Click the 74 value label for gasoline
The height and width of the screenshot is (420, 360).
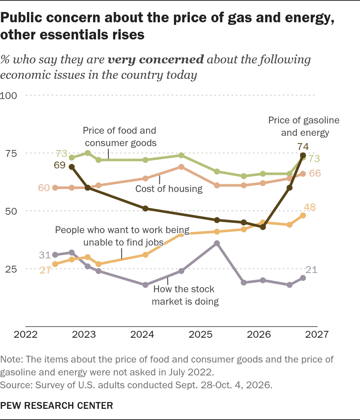click(x=303, y=147)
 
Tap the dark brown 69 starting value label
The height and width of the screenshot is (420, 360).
click(x=60, y=165)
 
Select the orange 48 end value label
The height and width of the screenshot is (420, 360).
click(x=309, y=207)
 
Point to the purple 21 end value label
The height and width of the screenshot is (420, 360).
click(x=312, y=270)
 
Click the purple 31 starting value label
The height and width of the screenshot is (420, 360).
click(x=45, y=255)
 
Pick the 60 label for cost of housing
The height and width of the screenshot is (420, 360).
click(x=44, y=188)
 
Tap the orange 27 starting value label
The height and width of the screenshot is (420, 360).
click(x=45, y=270)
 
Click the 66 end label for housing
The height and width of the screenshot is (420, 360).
click(x=315, y=173)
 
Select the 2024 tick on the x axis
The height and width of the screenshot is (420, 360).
click(x=142, y=334)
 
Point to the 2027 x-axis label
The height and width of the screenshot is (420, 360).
click(x=317, y=334)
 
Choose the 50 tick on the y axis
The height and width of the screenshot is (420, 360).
click(x=11, y=211)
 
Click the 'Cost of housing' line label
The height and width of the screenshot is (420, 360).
click(x=169, y=189)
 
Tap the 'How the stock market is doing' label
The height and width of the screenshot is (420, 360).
click(x=185, y=295)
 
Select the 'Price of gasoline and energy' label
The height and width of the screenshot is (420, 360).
click(x=304, y=126)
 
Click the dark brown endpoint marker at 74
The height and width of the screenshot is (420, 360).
click(x=303, y=155)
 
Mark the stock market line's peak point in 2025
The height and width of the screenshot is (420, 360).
click(x=217, y=243)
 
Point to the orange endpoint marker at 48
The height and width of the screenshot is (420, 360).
click(x=303, y=216)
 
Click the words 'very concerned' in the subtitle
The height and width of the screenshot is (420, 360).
click(x=156, y=60)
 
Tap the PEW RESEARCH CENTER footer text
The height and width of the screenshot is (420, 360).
click(x=57, y=405)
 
